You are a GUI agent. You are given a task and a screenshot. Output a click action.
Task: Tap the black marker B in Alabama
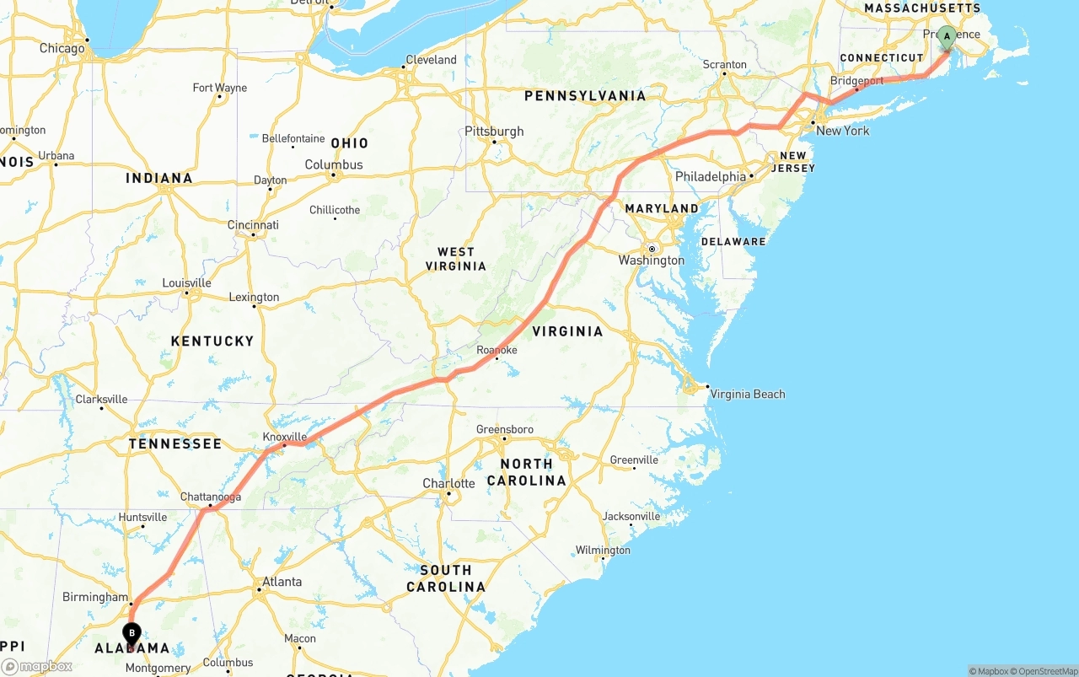click(132, 633)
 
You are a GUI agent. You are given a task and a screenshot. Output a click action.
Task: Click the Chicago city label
click(62, 48)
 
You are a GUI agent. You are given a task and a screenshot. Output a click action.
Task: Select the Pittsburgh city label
click(494, 132)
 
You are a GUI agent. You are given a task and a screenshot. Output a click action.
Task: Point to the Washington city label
click(652, 260)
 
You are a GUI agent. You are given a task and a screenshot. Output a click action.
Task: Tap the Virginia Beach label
click(747, 394)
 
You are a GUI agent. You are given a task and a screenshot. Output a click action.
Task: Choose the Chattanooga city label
click(211, 497)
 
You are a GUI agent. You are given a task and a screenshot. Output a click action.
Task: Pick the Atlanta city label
click(282, 582)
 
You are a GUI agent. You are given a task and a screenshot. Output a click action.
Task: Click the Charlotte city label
click(448, 484)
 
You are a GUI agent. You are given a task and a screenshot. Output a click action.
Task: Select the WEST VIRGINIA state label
click(455, 259)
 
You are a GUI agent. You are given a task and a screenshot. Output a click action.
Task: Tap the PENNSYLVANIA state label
click(585, 96)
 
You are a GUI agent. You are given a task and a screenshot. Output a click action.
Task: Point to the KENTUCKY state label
click(212, 341)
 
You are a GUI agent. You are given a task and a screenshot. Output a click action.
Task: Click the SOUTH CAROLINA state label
click(446, 578)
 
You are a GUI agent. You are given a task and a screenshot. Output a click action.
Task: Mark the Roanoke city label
click(497, 350)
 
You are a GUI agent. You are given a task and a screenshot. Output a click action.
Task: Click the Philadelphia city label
click(711, 177)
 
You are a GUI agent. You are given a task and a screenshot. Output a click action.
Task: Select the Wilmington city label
click(603, 551)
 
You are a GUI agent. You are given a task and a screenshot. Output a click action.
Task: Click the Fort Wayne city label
click(219, 88)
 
